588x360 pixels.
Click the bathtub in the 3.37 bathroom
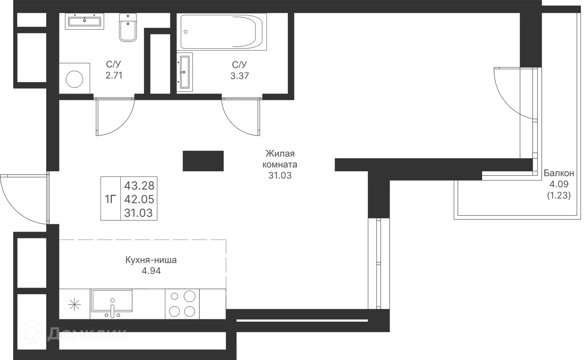(x=224, y=32)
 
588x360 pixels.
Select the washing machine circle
(x=74, y=79)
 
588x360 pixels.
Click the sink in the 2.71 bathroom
(x=85, y=21)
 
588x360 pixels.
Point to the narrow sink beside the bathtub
(x=185, y=72)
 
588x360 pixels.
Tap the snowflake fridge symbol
(x=74, y=305)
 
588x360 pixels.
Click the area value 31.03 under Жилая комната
(x=280, y=176)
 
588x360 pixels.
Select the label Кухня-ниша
(x=151, y=260)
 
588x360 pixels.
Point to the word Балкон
(x=559, y=173)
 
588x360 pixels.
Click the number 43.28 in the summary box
(x=139, y=186)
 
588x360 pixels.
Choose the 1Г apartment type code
(x=111, y=199)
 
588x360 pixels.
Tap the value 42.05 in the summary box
(x=139, y=199)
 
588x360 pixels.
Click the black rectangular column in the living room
(x=203, y=161)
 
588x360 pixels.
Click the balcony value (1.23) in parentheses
(x=559, y=195)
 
